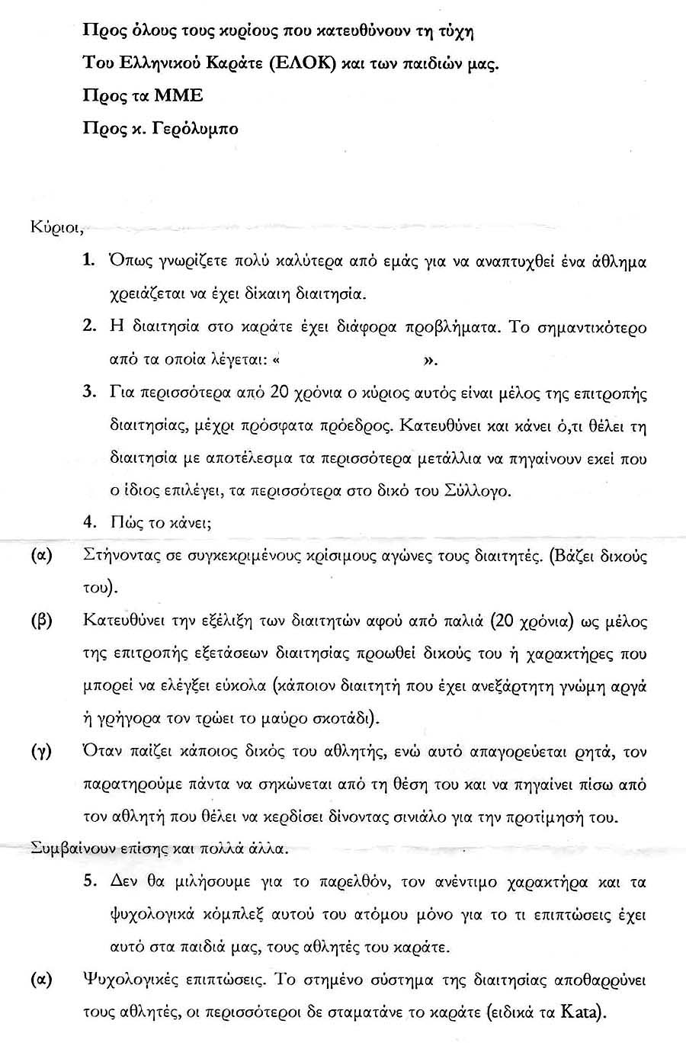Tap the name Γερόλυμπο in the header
[195, 128]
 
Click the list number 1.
[88, 261]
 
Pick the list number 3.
[88, 393]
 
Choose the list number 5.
[88, 882]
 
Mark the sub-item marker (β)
[40, 620]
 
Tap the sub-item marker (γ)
[40, 752]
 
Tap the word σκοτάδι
[341, 718]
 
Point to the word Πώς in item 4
[124, 523]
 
